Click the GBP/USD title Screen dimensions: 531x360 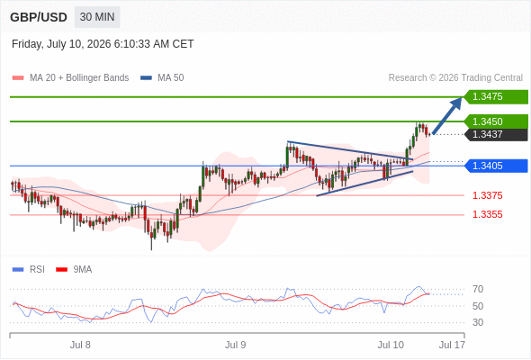pos(39,17)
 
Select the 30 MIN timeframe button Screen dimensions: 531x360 pos(97,17)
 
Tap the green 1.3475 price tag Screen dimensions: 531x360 pos(496,96)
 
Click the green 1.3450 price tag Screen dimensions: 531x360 pos(496,121)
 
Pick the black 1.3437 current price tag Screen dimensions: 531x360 pos(496,134)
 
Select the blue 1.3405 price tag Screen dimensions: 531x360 pos(496,166)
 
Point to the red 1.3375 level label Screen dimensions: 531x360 pos(487,195)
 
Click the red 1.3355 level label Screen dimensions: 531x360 pos(487,214)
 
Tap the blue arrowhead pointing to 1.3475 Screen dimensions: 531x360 pos(456,103)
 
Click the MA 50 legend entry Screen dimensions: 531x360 pos(162,78)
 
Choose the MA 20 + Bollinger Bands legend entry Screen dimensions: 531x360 pos(70,78)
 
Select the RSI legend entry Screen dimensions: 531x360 pos(29,270)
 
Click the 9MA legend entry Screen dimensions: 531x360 pos(74,270)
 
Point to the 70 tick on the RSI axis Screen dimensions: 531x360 pos(478,289)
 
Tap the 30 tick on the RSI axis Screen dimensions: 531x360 pos(478,322)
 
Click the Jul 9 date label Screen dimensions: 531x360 pos(236,345)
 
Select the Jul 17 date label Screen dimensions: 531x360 pos(452,345)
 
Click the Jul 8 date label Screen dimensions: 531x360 pos(80,345)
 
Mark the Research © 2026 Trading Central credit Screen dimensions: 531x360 pos(455,78)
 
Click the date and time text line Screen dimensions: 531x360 pos(103,44)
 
